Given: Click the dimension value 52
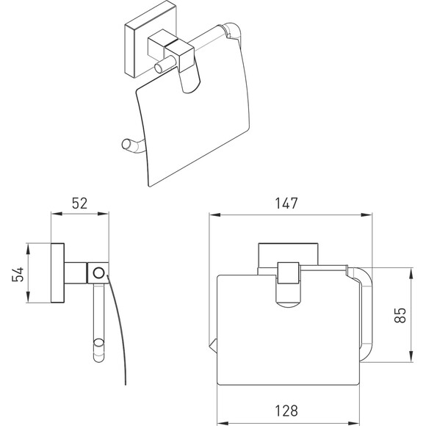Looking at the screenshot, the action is (79, 203).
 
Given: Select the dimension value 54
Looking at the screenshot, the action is (18, 274).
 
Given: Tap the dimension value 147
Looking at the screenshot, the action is (286, 203).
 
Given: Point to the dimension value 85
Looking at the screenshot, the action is (400, 315).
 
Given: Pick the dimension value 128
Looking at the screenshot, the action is (286, 411).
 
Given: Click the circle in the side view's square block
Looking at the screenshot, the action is (98, 272).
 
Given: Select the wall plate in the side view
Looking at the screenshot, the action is (57, 272).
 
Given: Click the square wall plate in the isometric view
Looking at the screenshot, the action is (151, 40).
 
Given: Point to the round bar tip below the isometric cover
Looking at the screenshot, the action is (126, 144).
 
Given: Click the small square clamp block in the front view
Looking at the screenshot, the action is (288, 273).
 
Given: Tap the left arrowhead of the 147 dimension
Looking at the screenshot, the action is (214, 215).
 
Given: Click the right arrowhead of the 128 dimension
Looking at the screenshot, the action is (354, 423).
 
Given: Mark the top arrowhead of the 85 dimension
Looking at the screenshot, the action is (411, 273).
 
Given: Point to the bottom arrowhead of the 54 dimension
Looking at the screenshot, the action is (28, 297).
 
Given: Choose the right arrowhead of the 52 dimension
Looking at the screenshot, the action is (104, 214).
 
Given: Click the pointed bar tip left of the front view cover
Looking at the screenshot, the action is (213, 347).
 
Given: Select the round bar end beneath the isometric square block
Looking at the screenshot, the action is (159, 68).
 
